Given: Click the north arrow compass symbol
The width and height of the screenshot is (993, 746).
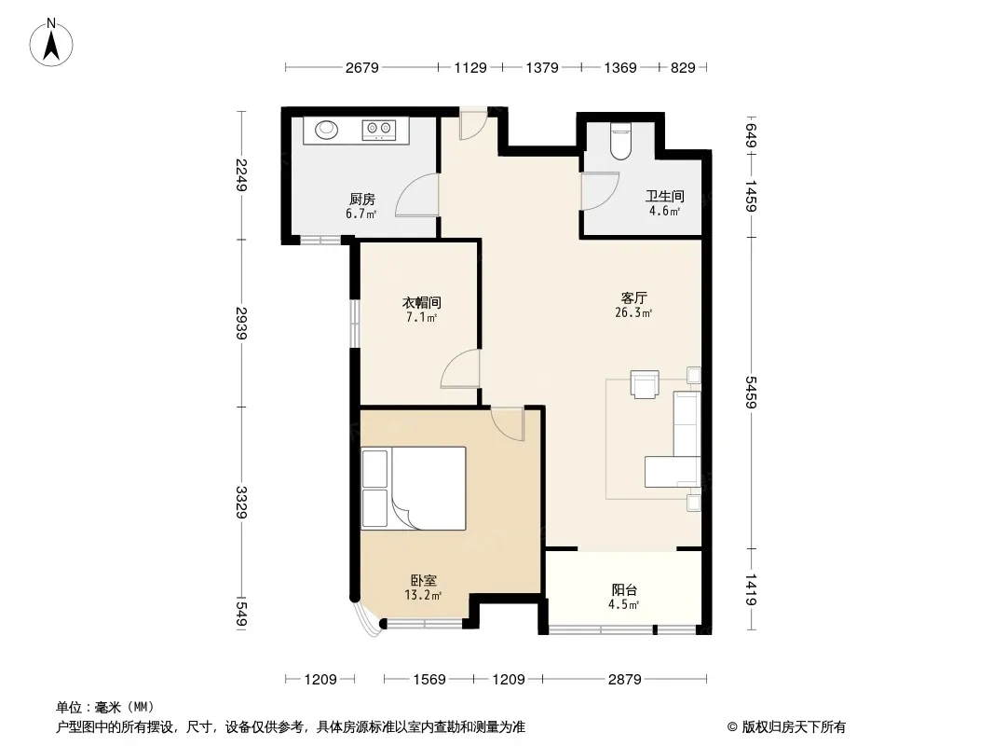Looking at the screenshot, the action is point(51,43).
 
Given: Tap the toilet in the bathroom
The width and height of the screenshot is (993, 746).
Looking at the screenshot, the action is point(620,141).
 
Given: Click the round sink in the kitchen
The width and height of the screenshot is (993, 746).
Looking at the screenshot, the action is point(327,130).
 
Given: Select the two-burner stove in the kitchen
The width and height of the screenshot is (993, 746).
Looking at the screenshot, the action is point(379,130).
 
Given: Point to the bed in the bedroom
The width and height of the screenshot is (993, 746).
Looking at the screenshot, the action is point(414,488).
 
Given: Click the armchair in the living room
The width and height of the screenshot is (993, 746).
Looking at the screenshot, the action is point(645,384).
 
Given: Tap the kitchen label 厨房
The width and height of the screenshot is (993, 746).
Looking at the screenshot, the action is point(361,200).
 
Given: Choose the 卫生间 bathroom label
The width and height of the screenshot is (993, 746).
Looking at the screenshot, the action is point(664,197).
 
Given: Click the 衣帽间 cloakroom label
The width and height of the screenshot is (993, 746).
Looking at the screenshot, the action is point(422,303).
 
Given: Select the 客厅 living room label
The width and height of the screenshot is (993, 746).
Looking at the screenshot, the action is point(633,297).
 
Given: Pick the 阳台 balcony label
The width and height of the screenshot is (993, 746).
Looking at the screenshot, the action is point(624,590).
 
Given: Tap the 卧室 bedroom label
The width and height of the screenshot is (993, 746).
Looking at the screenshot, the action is point(423,581).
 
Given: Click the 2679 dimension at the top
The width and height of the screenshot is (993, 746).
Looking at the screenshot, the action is point(361,67).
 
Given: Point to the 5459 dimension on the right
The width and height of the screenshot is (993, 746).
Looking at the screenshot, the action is point(751,393).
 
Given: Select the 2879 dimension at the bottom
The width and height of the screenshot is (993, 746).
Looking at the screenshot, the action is point(624,680).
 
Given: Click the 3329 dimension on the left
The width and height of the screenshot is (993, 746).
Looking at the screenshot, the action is point(240,502).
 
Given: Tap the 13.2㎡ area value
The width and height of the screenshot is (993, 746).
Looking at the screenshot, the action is point(423,595).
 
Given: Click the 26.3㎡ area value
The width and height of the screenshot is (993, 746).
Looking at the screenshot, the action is point(633,312).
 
